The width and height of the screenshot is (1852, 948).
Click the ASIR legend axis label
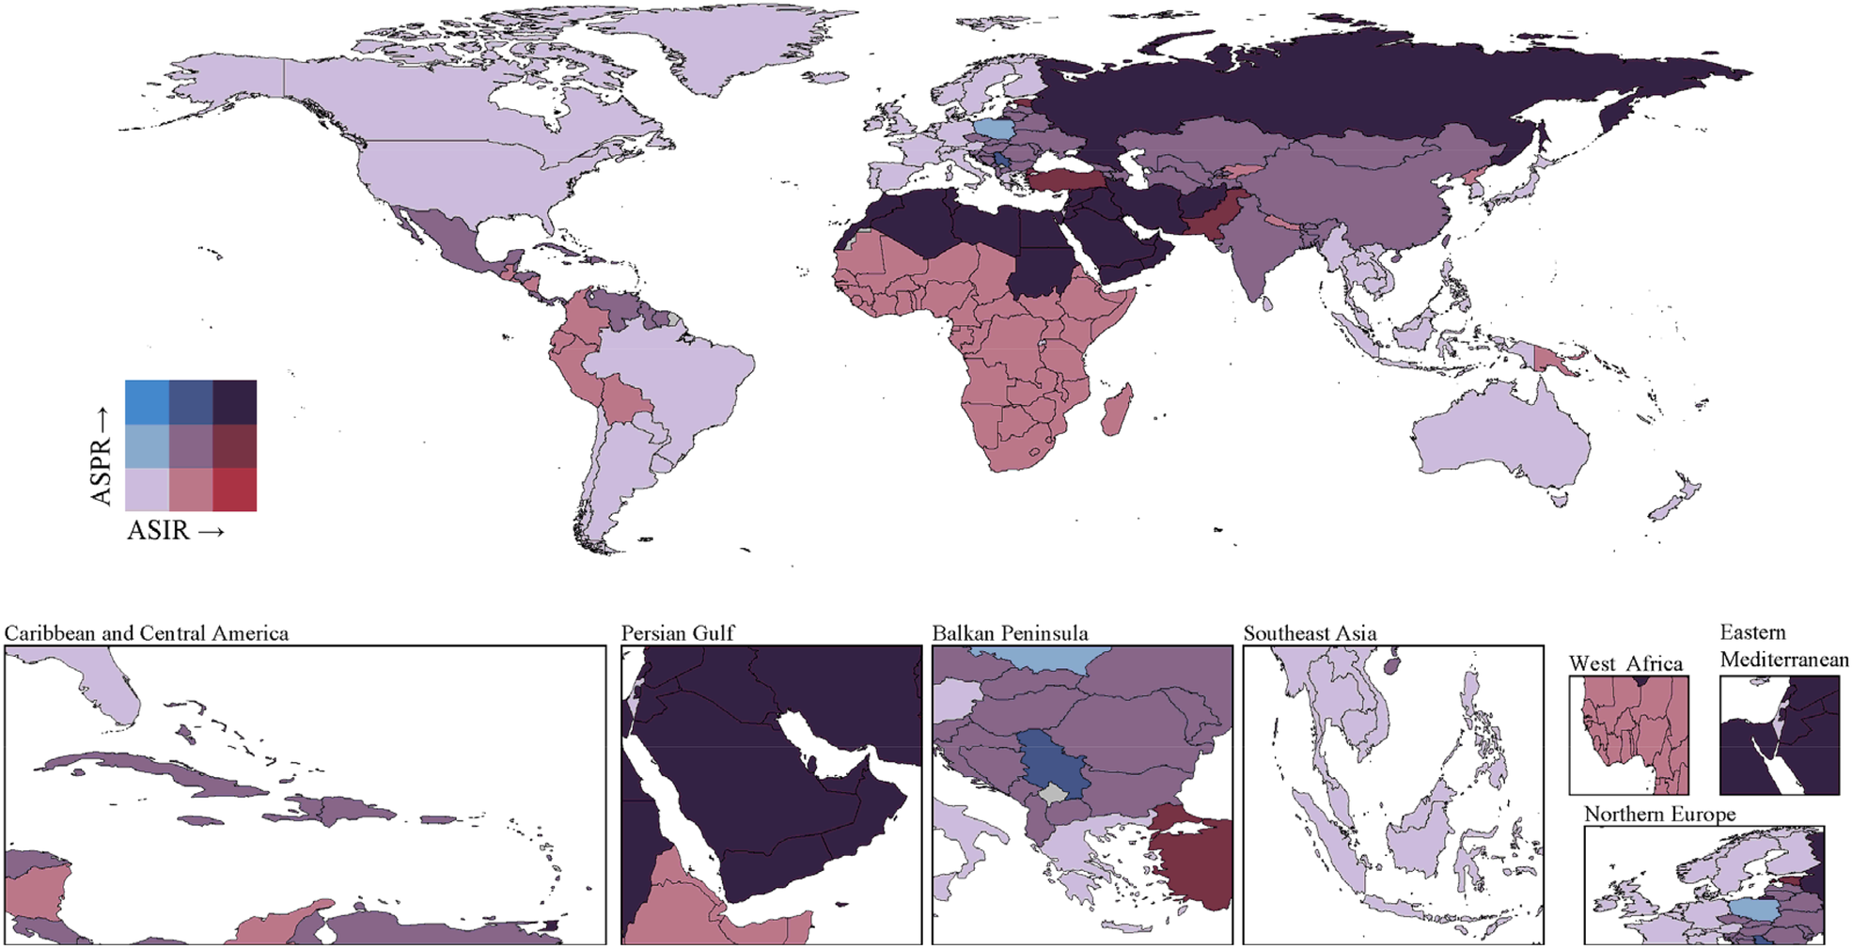click(x=175, y=531)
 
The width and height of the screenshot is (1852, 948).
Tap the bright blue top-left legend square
click(x=147, y=402)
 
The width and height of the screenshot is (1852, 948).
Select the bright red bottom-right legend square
click(x=235, y=490)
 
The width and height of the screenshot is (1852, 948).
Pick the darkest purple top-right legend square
click(x=235, y=402)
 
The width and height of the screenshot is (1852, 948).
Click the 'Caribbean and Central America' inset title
click(x=147, y=633)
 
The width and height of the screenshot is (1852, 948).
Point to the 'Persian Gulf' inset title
click(x=678, y=633)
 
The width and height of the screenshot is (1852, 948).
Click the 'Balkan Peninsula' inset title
click(x=1010, y=633)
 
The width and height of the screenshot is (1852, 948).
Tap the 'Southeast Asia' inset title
click(x=1310, y=633)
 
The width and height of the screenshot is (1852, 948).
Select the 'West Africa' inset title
click(x=1625, y=663)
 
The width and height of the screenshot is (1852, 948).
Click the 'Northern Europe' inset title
click(x=1659, y=814)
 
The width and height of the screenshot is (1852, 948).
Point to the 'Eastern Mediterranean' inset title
click(x=1783, y=646)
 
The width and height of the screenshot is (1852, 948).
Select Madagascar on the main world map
click(x=1115, y=414)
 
